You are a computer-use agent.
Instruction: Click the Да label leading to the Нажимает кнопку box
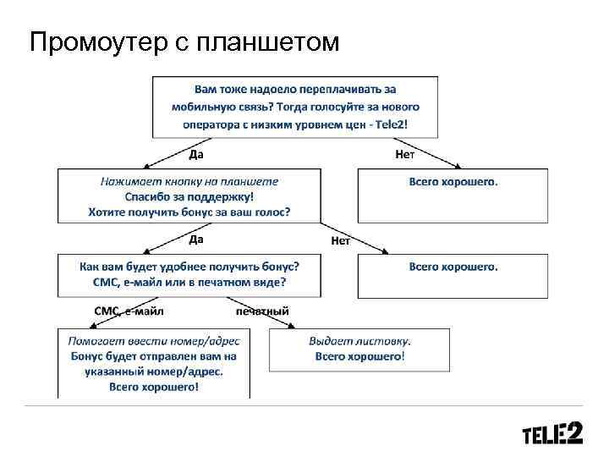click(x=195, y=155)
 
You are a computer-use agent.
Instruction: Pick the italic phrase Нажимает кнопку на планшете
click(x=189, y=181)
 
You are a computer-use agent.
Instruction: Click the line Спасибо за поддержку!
click(x=189, y=196)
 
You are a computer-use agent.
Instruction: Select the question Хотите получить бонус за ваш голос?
click(x=189, y=212)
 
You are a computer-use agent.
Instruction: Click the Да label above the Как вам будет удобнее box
click(x=195, y=240)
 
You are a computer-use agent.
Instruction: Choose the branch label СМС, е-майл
click(x=129, y=311)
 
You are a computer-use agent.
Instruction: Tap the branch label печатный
click(x=262, y=311)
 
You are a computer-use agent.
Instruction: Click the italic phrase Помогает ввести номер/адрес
click(x=154, y=341)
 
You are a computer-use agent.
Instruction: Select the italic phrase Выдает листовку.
click(x=360, y=341)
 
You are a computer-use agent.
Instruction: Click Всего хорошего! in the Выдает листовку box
click(x=360, y=356)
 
